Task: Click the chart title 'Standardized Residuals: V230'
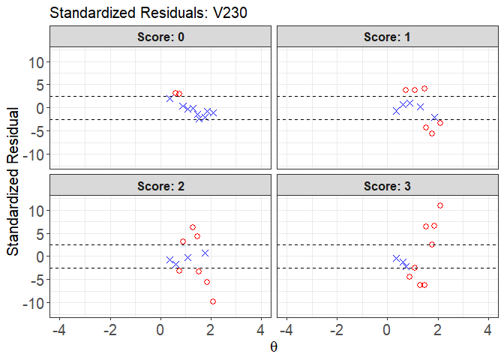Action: [x=148, y=13]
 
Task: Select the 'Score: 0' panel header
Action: [x=160, y=37]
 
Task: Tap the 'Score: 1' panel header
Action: [x=388, y=37]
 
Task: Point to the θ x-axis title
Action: [x=274, y=347]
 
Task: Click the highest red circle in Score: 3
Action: [x=440, y=205]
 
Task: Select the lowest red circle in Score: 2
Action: [x=213, y=301]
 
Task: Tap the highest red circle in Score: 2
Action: [x=193, y=227]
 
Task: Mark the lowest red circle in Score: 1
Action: [x=432, y=133]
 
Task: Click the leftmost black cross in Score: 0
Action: [x=169, y=98]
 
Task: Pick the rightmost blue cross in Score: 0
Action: [x=213, y=112]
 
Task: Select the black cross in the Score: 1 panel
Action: [x=434, y=117]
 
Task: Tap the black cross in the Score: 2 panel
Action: [x=187, y=257]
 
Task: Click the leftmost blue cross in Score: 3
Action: [x=396, y=258]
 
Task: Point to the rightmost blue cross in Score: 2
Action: [x=205, y=253]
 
